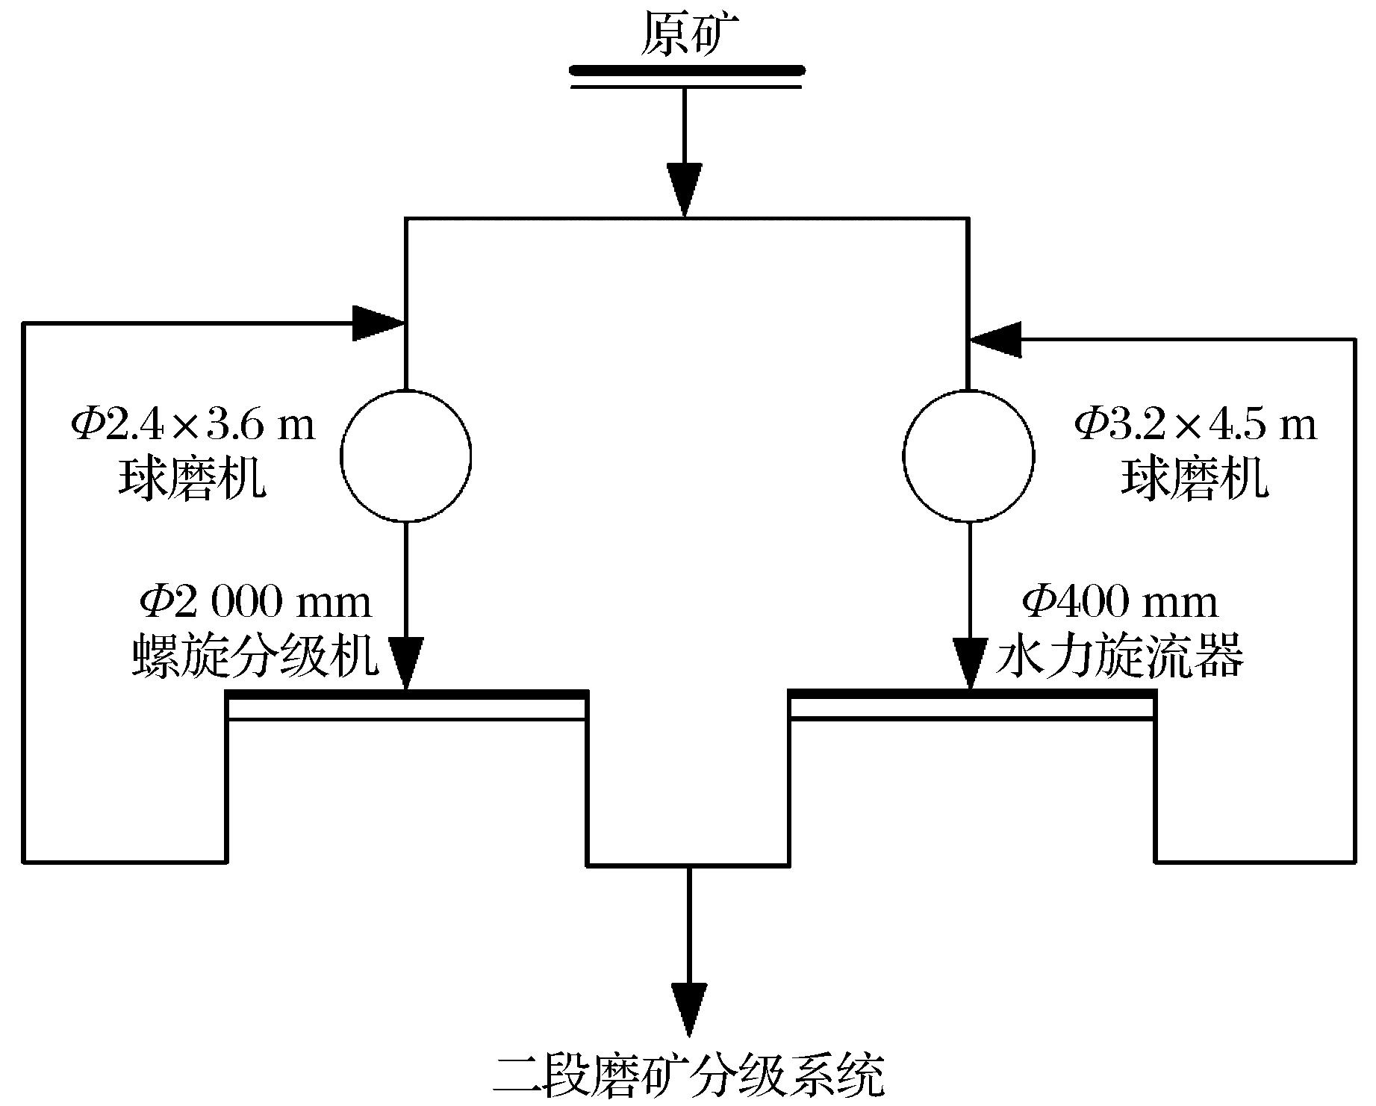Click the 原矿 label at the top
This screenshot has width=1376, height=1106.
pyautogui.click(x=685, y=35)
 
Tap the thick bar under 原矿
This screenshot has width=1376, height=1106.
pyautogui.click(x=685, y=72)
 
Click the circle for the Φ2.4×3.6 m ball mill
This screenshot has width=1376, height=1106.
pyautogui.click(x=406, y=456)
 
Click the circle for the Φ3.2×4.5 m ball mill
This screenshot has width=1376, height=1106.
pyautogui.click(x=968, y=456)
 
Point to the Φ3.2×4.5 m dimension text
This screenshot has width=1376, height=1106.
pyautogui.click(x=1195, y=426)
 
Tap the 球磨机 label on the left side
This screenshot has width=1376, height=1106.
pyautogui.click(x=192, y=478)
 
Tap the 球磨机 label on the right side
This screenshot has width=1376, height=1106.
pyautogui.click(x=1194, y=478)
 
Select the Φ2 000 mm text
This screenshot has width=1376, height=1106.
pyautogui.click(x=256, y=603)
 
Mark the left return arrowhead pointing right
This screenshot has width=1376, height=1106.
pyautogui.click(x=378, y=323)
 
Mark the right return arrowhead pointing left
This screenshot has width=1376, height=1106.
pyautogui.click(x=995, y=340)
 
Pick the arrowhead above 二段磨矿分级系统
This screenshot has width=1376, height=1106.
pyautogui.click(x=688, y=1008)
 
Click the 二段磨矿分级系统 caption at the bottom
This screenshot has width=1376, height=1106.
pyautogui.click(x=688, y=1076)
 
